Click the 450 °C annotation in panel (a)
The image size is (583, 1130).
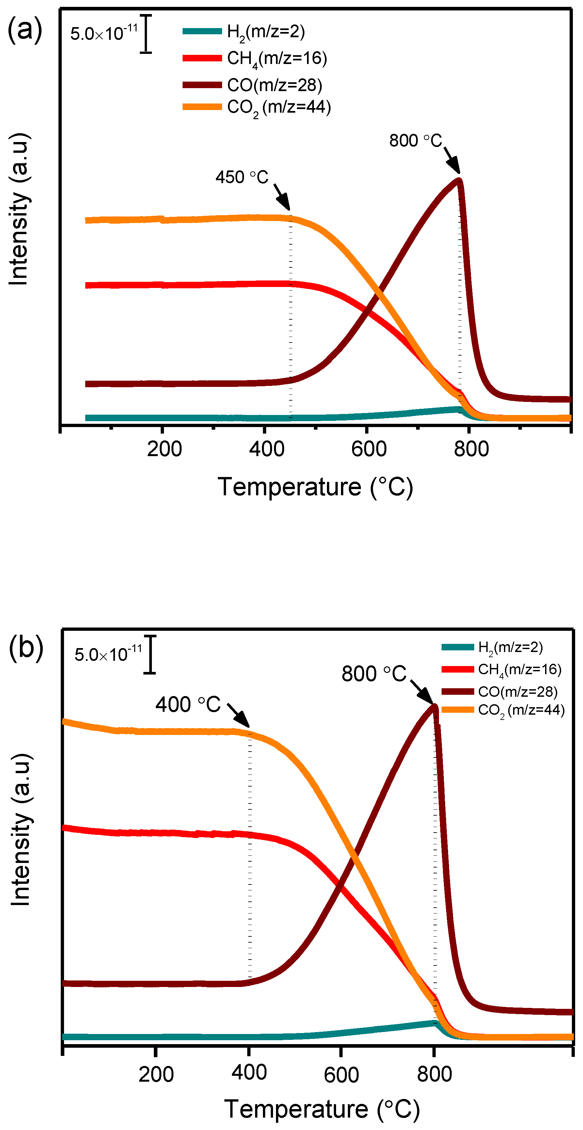[x=242, y=177]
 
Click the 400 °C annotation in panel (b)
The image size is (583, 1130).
[x=188, y=705]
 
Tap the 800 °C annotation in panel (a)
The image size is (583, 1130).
[x=415, y=141]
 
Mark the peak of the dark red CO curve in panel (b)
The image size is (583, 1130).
[x=435, y=705]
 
